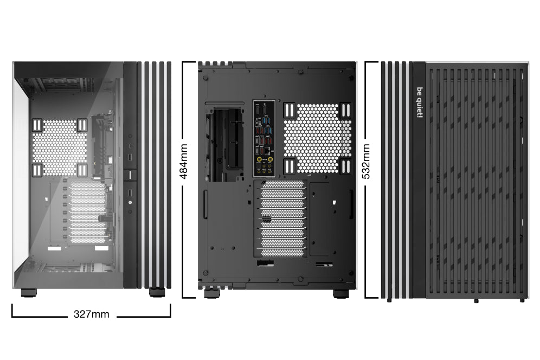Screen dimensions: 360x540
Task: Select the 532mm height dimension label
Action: click(367, 161)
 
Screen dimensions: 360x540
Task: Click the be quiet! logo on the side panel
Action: click(419, 102)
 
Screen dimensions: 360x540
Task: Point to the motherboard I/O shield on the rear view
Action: click(265, 138)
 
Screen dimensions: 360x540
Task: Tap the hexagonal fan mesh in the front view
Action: click(60, 147)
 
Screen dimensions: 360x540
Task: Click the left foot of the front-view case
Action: click(29, 293)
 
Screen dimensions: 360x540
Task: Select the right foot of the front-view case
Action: click(157, 293)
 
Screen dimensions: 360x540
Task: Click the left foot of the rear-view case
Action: click(211, 293)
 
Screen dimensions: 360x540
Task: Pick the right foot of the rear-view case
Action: click(340, 293)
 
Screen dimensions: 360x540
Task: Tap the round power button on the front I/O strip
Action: click(131, 202)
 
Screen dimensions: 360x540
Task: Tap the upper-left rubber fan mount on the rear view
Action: click(289, 111)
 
